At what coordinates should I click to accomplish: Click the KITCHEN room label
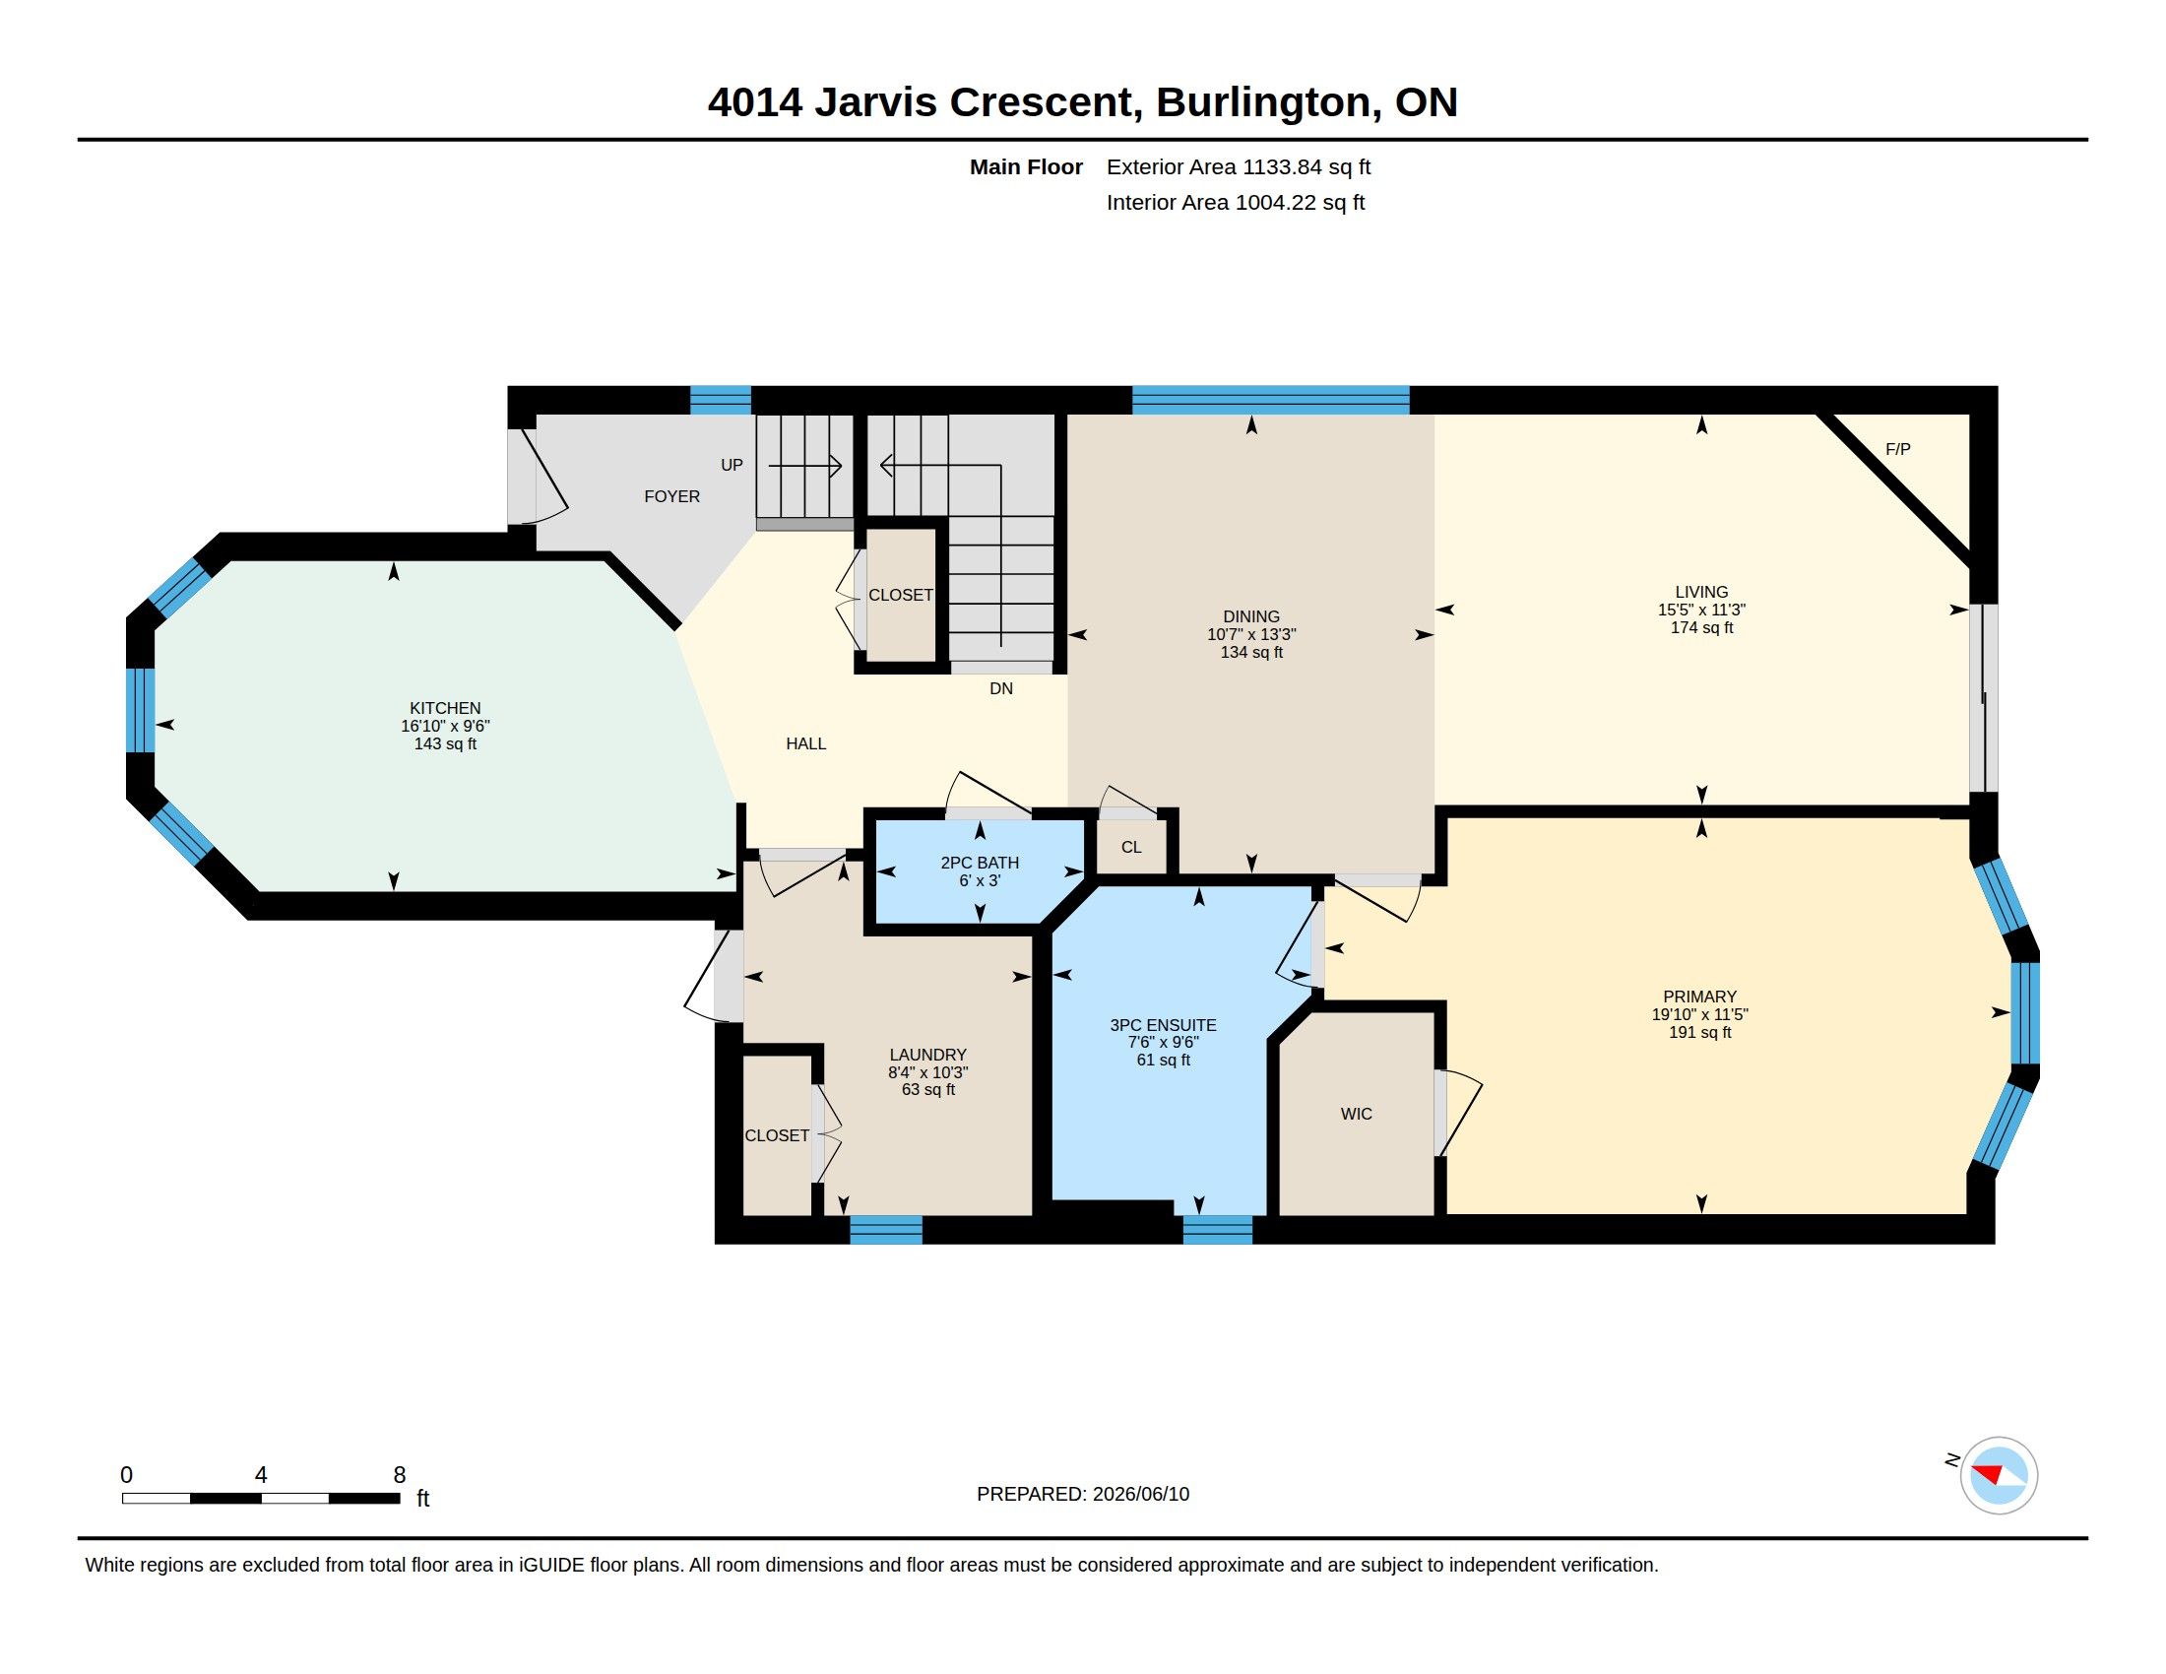(x=445, y=708)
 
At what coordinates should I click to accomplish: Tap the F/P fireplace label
(x=1897, y=449)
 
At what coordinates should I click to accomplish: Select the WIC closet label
(x=1356, y=1114)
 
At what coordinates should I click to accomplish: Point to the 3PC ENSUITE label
(x=1163, y=1025)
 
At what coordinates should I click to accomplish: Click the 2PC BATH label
(x=980, y=863)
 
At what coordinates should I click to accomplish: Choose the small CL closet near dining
(x=1131, y=847)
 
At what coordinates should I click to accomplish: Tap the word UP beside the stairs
(x=732, y=465)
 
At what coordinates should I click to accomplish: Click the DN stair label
(x=1000, y=688)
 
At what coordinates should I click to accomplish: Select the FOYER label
(x=671, y=497)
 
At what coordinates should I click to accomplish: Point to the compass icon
(x=1999, y=1475)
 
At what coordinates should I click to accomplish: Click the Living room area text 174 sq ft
(x=1702, y=628)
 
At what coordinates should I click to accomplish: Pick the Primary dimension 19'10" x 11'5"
(x=1700, y=1014)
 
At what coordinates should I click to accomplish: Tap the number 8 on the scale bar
(x=400, y=1475)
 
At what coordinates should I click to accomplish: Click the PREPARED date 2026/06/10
(x=1140, y=1494)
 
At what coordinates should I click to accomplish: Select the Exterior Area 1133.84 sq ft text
(x=1239, y=166)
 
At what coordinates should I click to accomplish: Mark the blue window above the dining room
(x=1270, y=400)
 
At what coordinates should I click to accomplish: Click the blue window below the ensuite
(x=1218, y=1230)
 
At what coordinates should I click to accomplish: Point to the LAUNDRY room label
(x=927, y=1056)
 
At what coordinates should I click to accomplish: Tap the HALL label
(x=805, y=743)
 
